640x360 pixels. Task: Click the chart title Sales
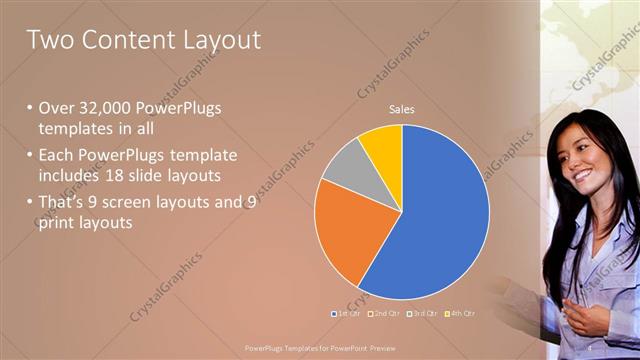[402, 109]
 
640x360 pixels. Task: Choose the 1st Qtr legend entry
[345, 313]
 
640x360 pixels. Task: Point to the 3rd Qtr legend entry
[424, 313]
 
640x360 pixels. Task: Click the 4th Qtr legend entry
[461, 313]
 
